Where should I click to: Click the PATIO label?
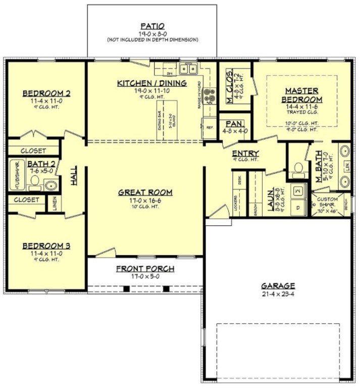pos(152,26)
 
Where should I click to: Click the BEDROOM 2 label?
pos(46,93)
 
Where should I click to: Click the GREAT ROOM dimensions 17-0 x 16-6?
pos(145,200)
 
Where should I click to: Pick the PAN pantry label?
pos(234,124)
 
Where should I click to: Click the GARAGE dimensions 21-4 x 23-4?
pos(278,294)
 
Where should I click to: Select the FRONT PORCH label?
pos(145,269)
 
